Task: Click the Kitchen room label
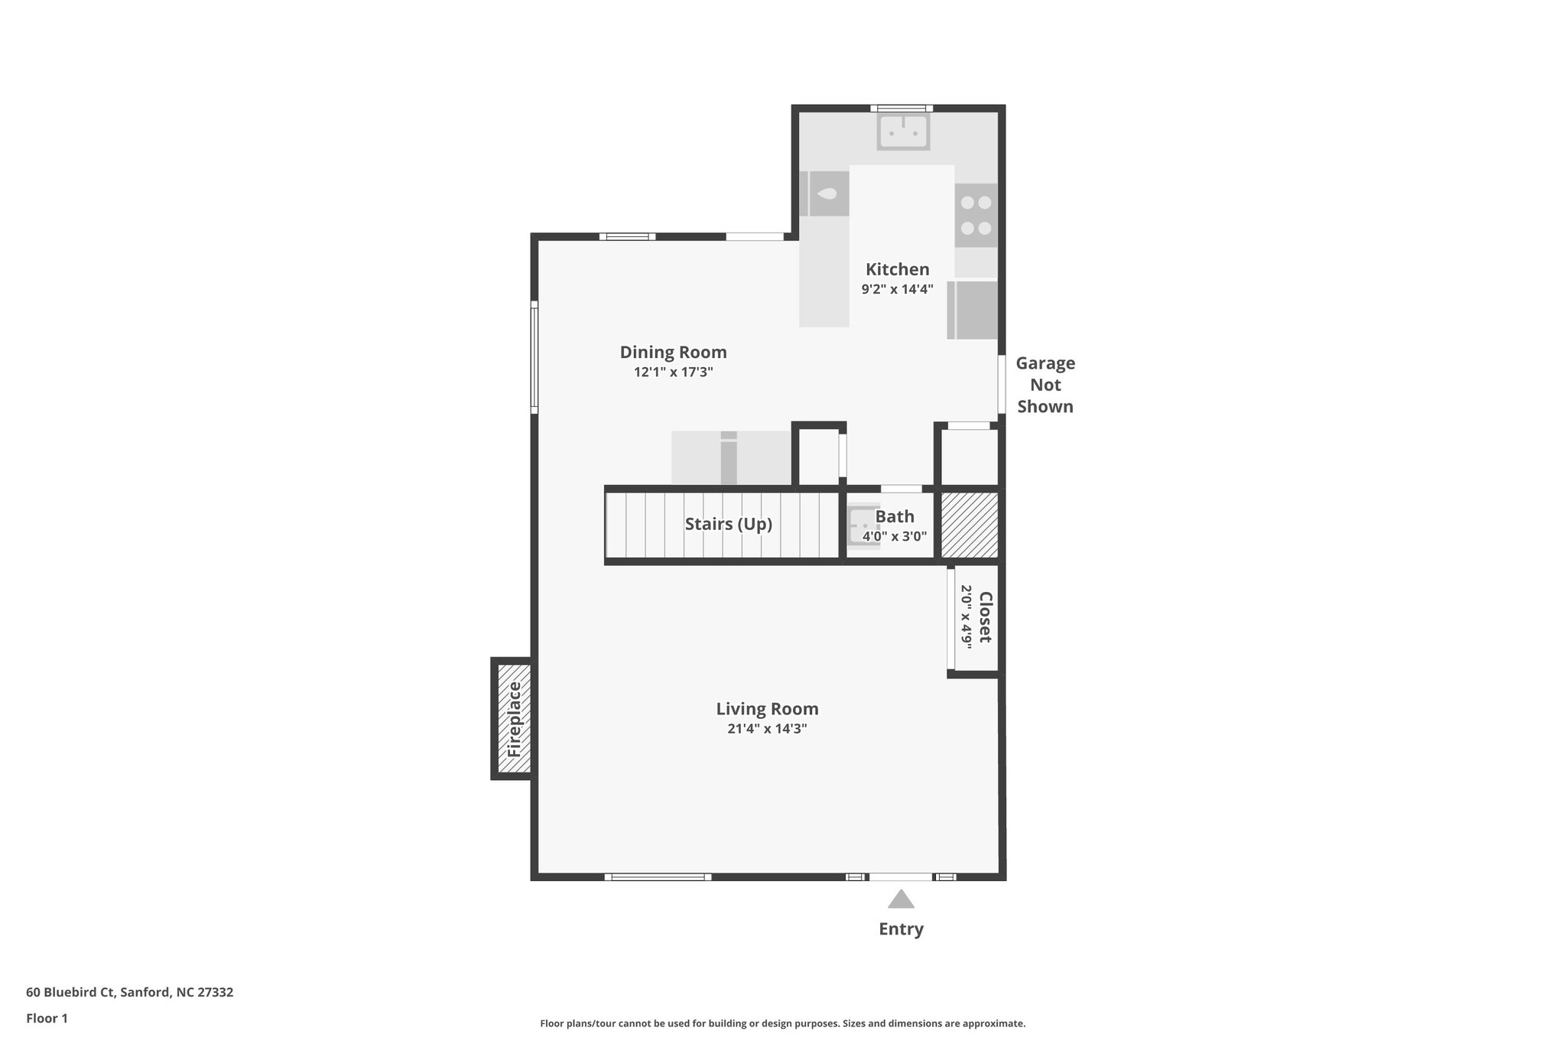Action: pyautogui.click(x=897, y=269)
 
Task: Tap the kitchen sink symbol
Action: pyautogui.click(x=903, y=132)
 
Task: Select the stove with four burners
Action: pyautogui.click(x=976, y=215)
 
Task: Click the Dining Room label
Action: pyautogui.click(x=673, y=353)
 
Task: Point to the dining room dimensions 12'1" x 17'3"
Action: pyautogui.click(x=673, y=372)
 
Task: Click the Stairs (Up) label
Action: pyautogui.click(x=728, y=524)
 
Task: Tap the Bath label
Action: pyautogui.click(x=895, y=516)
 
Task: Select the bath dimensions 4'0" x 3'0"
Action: pyautogui.click(x=895, y=536)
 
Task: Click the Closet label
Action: pyautogui.click(x=986, y=617)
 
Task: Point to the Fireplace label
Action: pyautogui.click(x=514, y=719)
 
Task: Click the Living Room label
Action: pyautogui.click(x=767, y=709)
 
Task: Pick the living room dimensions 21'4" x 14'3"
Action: pyautogui.click(x=767, y=729)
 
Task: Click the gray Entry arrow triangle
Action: pyautogui.click(x=901, y=899)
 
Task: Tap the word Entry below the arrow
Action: pyautogui.click(x=901, y=929)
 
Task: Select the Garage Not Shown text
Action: pyautogui.click(x=1045, y=385)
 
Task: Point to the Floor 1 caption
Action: pyautogui.click(x=47, y=1018)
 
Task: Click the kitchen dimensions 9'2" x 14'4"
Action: pyautogui.click(x=897, y=289)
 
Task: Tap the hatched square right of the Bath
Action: pyautogui.click(x=969, y=525)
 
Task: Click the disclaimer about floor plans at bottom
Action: pyautogui.click(x=782, y=1023)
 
